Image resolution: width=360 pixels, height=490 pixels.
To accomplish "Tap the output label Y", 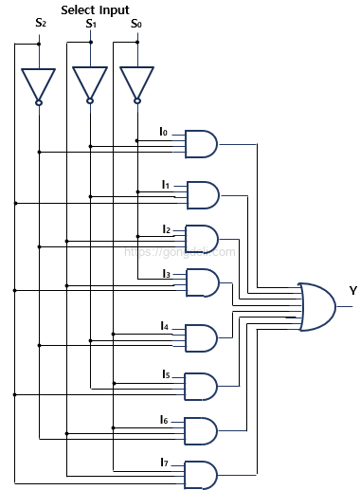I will point(352,290).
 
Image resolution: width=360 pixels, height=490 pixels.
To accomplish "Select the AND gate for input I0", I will point(202,144).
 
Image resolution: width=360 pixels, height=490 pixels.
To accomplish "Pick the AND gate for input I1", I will point(202,194).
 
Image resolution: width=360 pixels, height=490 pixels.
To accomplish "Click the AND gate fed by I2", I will point(202,238).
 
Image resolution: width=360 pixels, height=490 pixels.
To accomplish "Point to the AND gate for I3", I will point(202,282).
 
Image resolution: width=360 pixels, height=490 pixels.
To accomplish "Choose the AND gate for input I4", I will point(202,337).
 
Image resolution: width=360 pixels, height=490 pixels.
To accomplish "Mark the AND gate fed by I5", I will point(202,386).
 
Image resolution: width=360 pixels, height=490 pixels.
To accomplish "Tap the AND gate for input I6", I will point(202,430).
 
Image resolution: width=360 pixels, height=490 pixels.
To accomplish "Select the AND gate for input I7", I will point(202,474).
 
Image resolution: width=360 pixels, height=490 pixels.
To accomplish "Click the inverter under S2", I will point(39,84).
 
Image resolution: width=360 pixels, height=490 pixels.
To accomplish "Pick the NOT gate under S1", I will point(90,84).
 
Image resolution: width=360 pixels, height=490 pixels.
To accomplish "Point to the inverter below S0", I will point(137,84).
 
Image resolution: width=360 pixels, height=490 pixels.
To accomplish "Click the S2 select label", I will point(40,23).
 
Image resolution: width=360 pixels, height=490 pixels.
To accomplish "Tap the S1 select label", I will point(91,23).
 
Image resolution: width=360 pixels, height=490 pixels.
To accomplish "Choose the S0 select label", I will point(136,23).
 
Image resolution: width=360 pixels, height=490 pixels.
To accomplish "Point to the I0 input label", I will point(163,132).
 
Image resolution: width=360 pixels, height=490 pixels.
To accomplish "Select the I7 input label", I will point(165,462).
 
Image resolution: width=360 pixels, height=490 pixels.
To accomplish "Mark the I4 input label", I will point(165,326).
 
